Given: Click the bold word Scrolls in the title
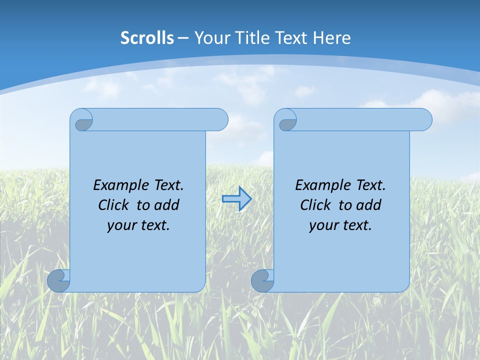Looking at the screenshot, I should click(147, 37).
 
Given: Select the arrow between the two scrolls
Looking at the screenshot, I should click(236, 199).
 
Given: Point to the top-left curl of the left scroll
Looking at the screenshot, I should click(82, 121).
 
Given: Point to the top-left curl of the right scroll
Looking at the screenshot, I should click(286, 121).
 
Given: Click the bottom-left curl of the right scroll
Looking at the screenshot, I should click(262, 280).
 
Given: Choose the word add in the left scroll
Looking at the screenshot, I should click(166, 205).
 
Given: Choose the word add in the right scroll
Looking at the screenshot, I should click(368, 205).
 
